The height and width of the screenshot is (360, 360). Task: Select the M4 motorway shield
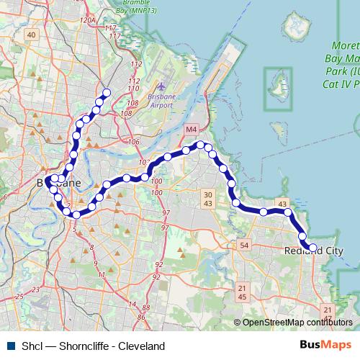(x=190, y=130)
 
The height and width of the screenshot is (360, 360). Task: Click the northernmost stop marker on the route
(x=107, y=92)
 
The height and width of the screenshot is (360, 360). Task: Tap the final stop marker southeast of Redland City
(x=312, y=248)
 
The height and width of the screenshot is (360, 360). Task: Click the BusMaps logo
(x=325, y=345)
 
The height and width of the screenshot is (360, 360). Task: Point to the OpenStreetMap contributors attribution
(x=297, y=323)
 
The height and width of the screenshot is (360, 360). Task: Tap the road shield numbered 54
(x=245, y=246)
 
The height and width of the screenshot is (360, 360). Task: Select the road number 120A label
(x=89, y=22)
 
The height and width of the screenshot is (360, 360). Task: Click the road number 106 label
(x=134, y=141)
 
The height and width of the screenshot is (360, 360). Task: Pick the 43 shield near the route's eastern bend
(x=282, y=204)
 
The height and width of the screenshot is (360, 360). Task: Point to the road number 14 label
(x=132, y=304)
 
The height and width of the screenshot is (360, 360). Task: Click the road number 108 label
(x=127, y=113)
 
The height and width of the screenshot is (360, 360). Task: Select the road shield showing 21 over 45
(x=241, y=292)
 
